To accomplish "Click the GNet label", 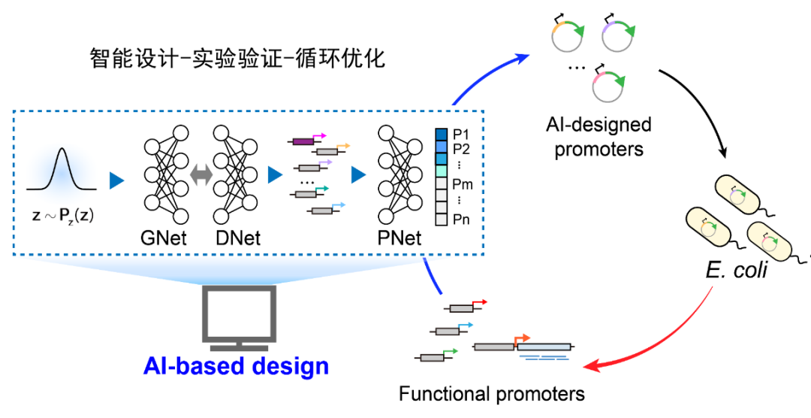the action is pyautogui.click(x=164, y=238).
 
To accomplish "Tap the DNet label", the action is pyautogui.click(x=238, y=238).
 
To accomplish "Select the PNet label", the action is pyautogui.click(x=399, y=238).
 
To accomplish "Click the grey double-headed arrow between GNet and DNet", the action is pyautogui.click(x=201, y=176).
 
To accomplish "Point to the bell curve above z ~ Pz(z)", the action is pyautogui.click(x=62, y=170).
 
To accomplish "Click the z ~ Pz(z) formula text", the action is pyautogui.click(x=62, y=215).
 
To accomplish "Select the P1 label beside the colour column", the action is pyautogui.click(x=460, y=135).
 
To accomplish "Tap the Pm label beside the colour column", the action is pyautogui.click(x=462, y=184).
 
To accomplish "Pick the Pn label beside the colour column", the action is pyautogui.click(x=461, y=220).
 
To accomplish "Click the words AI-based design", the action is pyautogui.click(x=236, y=365).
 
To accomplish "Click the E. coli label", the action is pyautogui.click(x=737, y=270).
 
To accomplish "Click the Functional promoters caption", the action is pyautogui.click(x=492, y=394).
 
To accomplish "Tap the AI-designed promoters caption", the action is pyautogui.click(x=598, y=137).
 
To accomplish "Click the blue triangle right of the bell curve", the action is pyautogui.click(x=117, y=180).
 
